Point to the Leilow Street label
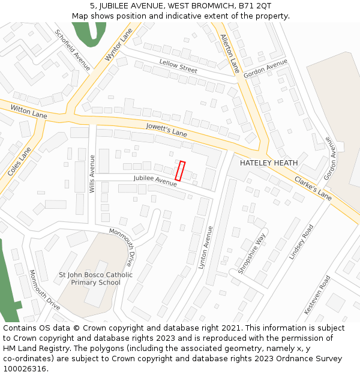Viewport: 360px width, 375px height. coord(178,66)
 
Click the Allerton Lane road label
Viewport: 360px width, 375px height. coord(230,53)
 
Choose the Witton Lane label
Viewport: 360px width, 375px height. coord(29,111)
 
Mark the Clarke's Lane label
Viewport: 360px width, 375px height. coord(313,188)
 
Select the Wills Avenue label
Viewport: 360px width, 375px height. coord(92,173)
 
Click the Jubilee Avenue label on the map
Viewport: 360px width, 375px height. coord(155,179)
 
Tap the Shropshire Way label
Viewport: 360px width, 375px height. coord(251,254)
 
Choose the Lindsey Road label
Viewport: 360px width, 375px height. coord(301,242)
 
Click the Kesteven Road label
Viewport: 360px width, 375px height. coord(317,295)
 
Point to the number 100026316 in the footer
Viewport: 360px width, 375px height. coord(25,368)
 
